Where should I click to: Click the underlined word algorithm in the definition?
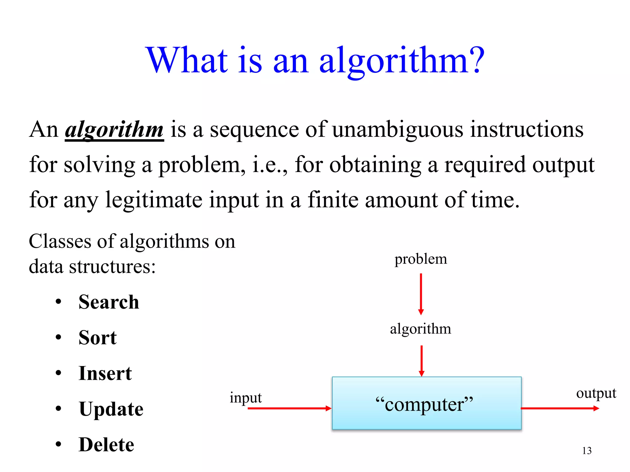[114, 130]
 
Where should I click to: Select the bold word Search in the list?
[109, 302]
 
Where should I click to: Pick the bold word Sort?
[98, 337]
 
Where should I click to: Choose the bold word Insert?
[105, 373]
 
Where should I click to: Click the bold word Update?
[111, 409]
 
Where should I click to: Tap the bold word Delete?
[106, 445]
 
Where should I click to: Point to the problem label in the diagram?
[421, 259]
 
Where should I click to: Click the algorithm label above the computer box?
[421, 329]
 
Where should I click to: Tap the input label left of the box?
[245, 398]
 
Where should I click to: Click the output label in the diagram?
[596, 393]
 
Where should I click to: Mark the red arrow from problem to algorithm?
[421, 294]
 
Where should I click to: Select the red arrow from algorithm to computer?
[421, 361]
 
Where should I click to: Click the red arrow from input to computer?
[289, 408]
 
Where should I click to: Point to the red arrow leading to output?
[560, 408]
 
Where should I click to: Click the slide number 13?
[587, 451]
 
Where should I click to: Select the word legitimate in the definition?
[154, 200]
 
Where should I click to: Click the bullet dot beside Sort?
[58, 337]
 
